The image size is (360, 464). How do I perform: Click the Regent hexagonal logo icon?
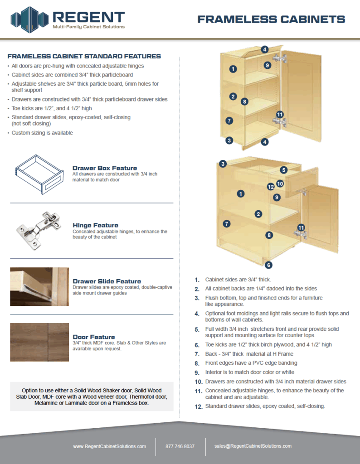click(x=29, y=19)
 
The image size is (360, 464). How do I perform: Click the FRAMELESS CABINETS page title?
click(x=271, y=19)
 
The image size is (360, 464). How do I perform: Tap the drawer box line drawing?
click(x=39, y=174)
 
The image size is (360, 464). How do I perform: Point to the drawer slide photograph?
click(x=39, y=286)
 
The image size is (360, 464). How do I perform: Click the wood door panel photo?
click(x=39, y=342)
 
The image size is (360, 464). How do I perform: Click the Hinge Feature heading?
click(x=95, y=225)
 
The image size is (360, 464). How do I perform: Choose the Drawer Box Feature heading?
click(x=105, y=168)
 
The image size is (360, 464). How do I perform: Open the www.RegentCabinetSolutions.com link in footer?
click(x=110, y=446)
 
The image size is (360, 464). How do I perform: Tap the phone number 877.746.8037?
click(x=180, y=446)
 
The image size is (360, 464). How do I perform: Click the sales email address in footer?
click(x=253, y=446)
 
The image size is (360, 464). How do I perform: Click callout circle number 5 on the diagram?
click(x=284, y=170)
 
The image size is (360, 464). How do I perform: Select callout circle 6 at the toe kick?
click(x=268, y=265)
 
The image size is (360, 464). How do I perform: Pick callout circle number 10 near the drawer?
click(x=280, y=184)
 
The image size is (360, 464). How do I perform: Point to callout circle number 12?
click(x=271, y=187)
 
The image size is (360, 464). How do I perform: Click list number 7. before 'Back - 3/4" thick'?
click(x=197, y=354)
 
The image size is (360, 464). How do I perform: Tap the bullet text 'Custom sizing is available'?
click(x=42, y=133)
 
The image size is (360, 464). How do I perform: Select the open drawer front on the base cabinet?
click(x=302, y=182)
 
